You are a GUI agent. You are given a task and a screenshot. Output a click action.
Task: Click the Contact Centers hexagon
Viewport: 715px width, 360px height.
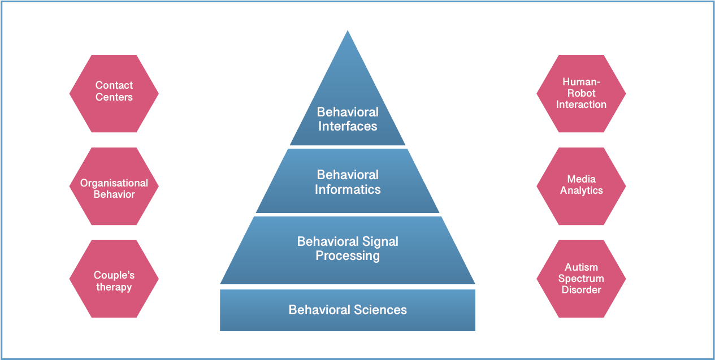[x=114, y=94]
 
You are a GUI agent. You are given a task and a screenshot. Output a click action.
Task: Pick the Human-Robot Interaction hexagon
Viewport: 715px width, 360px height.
[x=581, y=94]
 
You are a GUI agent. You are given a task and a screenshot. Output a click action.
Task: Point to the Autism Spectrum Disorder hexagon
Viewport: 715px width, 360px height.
[x=581, y=279]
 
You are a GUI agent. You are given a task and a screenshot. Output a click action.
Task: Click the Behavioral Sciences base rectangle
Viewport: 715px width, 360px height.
[x=348, y=310]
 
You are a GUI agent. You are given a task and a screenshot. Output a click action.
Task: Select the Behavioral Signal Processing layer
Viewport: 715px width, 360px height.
[x=348, y=249]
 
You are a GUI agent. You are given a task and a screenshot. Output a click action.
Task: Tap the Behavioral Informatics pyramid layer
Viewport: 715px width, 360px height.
[x=348, y=182]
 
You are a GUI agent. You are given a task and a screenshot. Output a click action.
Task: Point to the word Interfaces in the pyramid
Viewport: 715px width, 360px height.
[x=348, y=127]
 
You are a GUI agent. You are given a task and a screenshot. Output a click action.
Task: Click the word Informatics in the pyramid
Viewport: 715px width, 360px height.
[x=348, y=190]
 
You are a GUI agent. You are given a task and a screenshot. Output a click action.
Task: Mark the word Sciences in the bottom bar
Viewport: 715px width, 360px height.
[x=380, y=310]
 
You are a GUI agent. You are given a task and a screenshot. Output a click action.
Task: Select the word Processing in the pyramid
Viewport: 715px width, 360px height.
[x=348, y=256]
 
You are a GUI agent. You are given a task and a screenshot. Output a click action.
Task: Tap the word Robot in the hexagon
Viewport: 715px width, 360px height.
[x=581, y=93]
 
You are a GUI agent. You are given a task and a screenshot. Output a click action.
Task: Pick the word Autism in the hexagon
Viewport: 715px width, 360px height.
[x=581, y=267]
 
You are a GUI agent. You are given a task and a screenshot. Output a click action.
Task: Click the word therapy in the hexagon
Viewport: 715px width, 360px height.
[x=114, y=287]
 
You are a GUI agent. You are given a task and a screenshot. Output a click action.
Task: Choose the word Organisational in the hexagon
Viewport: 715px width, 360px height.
[x=114, y=183]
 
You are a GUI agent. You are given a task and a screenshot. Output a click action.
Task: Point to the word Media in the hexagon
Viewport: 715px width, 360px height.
[x=581, y=179]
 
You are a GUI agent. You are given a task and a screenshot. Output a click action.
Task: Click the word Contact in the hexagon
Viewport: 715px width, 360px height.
[x=114, y=85]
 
